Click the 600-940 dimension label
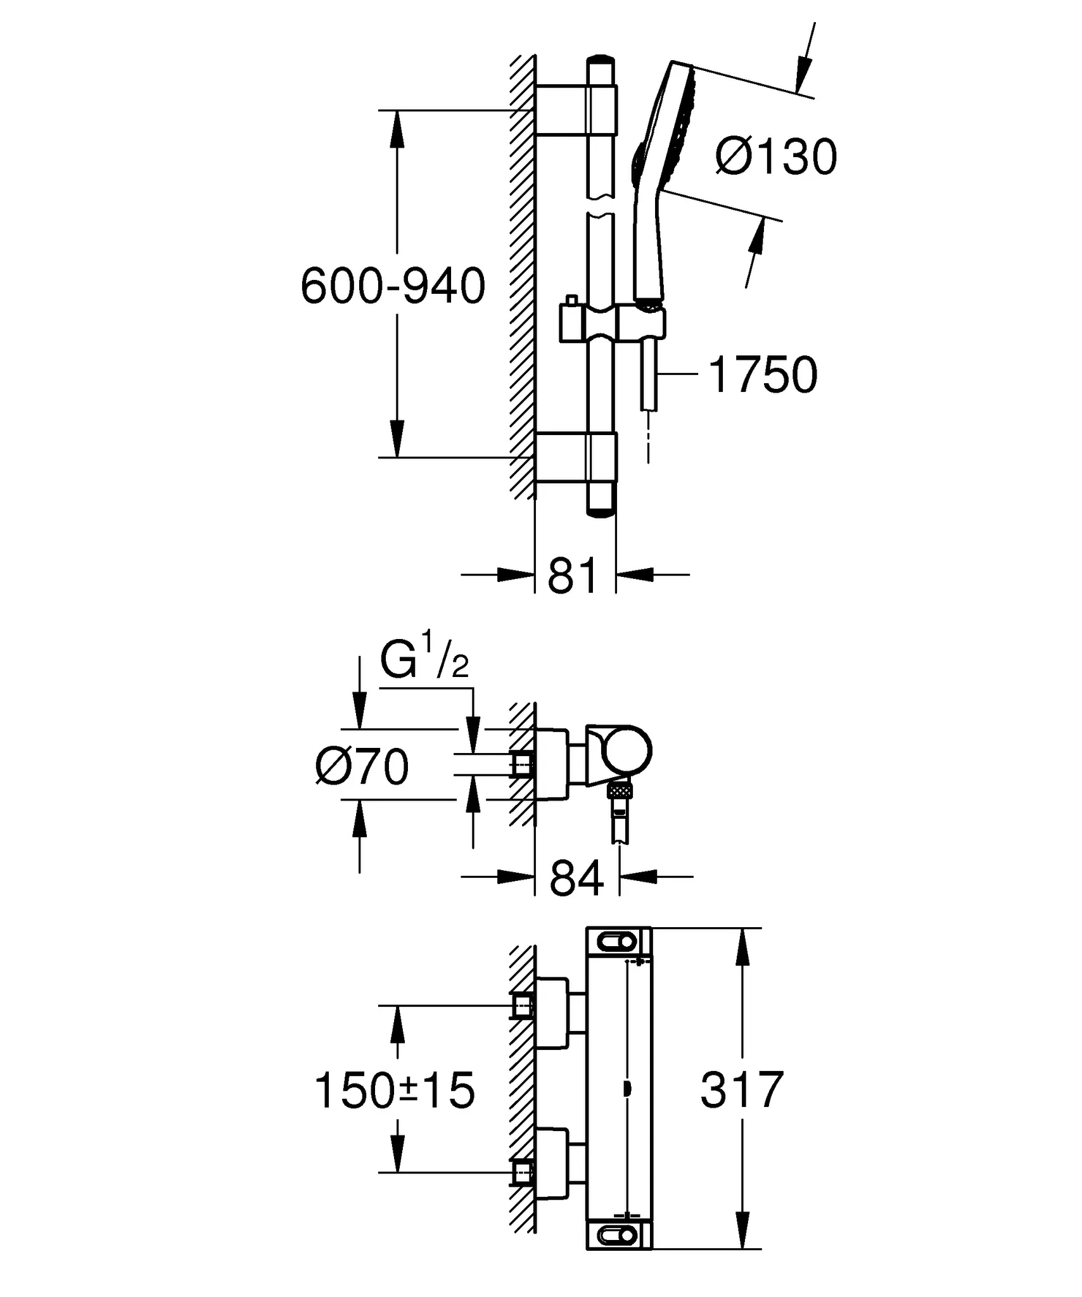[393, 286]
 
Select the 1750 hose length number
[763, 375]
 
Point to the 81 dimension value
[572, 576]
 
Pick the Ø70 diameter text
[362, 768]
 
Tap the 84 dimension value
[576, 878]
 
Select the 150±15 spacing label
[394, 1091]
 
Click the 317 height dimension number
[742, 1091]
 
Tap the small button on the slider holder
[571, 301]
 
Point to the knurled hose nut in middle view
[620, 790]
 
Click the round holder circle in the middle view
[627, 752]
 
